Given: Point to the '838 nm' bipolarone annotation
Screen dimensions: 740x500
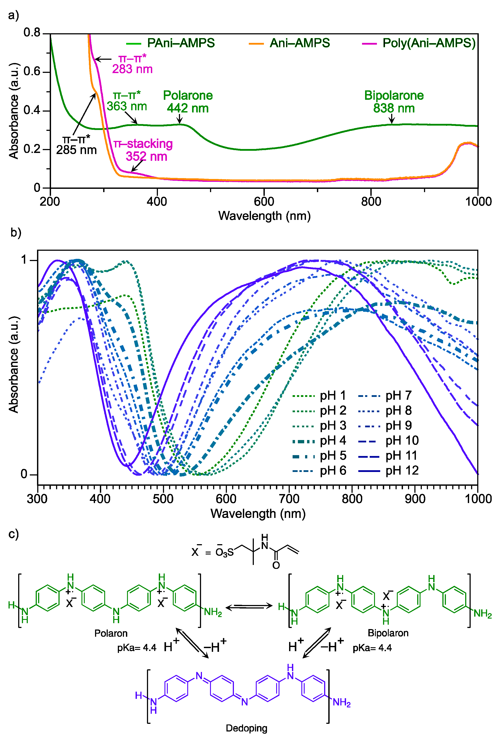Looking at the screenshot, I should (394, 108).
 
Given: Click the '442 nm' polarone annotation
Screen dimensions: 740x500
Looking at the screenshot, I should (187, 108).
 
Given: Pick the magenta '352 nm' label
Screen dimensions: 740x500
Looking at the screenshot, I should (146, 156).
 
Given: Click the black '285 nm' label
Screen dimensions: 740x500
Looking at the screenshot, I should (76, 150).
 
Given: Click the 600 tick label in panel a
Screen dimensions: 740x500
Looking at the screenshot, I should (264, 201).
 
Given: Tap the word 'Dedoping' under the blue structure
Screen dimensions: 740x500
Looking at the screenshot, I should (246, 728).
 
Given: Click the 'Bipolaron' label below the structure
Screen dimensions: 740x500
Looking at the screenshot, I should (388, 633).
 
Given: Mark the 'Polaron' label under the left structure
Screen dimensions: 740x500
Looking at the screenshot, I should (111, 633).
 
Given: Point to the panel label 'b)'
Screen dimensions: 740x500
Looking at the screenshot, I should (16, 232).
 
